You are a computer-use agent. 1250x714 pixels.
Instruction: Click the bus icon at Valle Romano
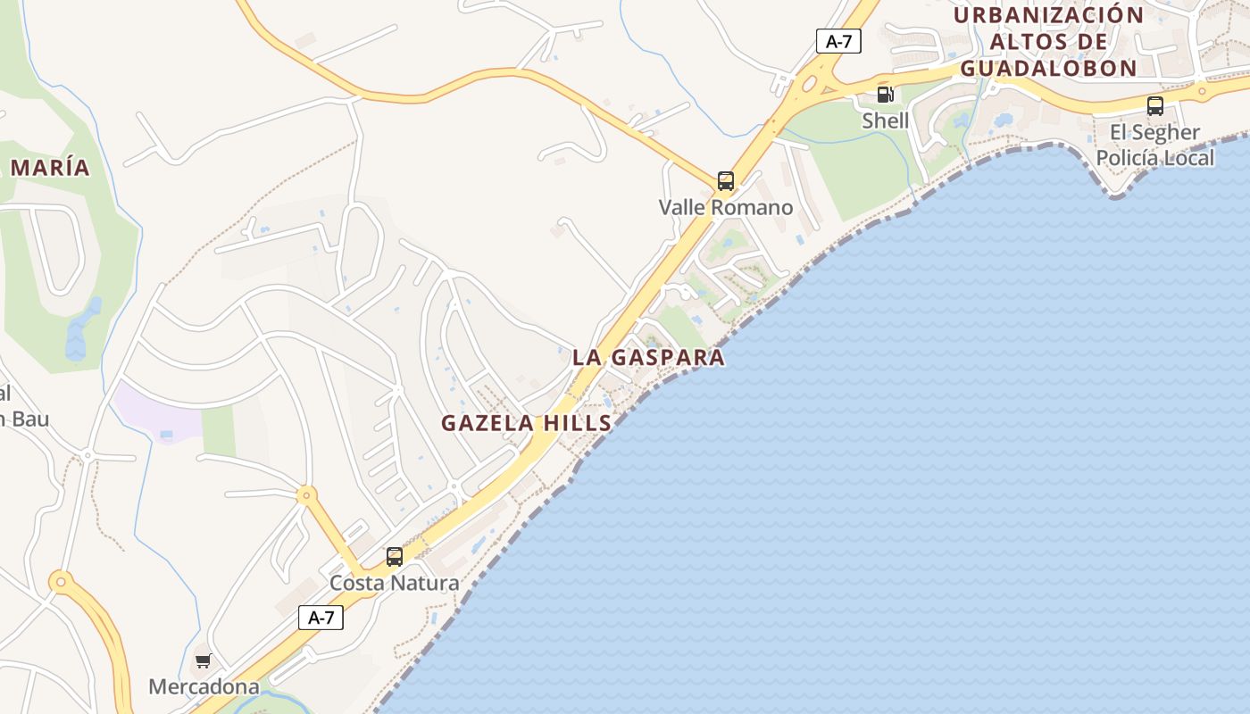click(726, 181)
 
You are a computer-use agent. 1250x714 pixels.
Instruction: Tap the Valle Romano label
click(725, 208)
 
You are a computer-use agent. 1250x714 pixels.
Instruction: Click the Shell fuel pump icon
click(885, 95)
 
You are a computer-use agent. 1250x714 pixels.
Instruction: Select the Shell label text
click(885, 120)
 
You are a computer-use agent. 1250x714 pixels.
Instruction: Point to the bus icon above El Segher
click(1154, 106)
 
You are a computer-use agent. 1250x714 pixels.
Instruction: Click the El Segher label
click(1154, 133)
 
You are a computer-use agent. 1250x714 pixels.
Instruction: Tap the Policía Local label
click(1154, 158)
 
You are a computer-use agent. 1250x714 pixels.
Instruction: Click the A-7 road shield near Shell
click(838, 40)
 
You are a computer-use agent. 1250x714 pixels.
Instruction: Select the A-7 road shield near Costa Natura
click(321, 617)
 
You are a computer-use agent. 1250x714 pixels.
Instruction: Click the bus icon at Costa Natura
click(394, 557)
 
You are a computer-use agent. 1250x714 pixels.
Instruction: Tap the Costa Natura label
click(394, 584)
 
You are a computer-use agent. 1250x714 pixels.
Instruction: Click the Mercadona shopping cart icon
click(203, 661)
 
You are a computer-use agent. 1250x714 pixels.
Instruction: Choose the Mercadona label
click(204, 687)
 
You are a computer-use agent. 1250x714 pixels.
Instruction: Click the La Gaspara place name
click(648, 358)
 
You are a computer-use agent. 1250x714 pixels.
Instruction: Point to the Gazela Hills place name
click(527, 423)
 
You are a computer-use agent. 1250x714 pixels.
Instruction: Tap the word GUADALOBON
click(1048, 68)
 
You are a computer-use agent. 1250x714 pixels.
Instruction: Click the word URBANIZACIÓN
click(1048, 15)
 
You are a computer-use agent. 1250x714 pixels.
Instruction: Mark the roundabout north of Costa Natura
click(307, 494)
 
